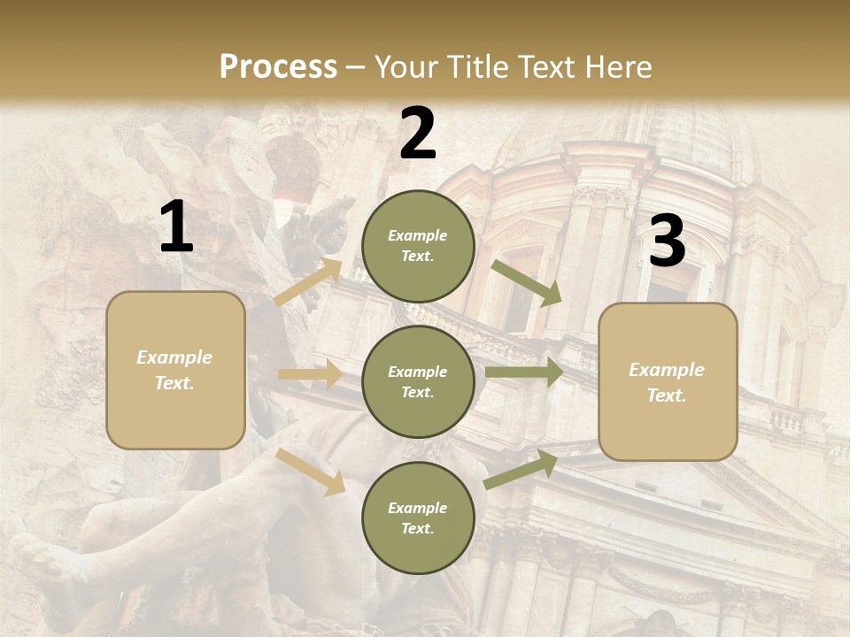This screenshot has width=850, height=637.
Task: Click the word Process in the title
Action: [x=278, y=67]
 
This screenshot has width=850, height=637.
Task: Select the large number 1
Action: [x=176, y=227]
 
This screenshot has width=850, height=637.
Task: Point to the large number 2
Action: [x=418, y=134]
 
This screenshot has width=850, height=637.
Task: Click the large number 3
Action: [x=667, y=242]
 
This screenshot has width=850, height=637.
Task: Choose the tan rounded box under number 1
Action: [x=175, y=370]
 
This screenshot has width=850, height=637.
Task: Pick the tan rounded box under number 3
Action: [x=668, y=381]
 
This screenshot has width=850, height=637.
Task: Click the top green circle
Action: [x=418, y=246]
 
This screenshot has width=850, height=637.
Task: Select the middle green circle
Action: [x=418, y=381]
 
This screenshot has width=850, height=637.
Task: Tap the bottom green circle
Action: [x=418, y=518]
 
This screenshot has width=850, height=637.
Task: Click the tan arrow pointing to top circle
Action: [x=309, y=282]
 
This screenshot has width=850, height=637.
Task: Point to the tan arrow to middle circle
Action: [x=310, y=374]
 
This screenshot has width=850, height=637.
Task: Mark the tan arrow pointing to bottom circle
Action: [x=312, y=470]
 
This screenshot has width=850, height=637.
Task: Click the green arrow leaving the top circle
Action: [x=527, y=282]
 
